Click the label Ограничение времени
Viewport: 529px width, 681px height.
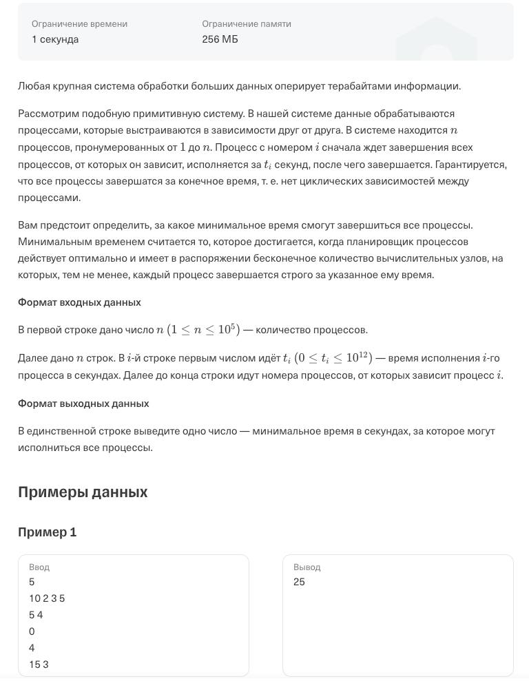(x=79, y=23)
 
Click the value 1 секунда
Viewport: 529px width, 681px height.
(x=55, y=39)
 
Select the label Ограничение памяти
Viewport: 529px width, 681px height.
(x=247, y=23)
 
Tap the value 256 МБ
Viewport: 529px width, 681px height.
(x=220, y=39)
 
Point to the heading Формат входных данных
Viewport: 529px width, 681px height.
(x=79, y=302)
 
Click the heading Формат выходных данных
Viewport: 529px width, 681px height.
(x=83, y=404)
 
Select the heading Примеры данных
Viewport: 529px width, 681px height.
(x=83, y=492)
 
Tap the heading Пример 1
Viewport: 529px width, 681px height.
(x=47, y=532)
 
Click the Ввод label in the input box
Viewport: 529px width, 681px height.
(x=39, y=567)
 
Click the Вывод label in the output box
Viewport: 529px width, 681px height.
(x=307, y=567)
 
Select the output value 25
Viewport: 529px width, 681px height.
(x=299, y=582)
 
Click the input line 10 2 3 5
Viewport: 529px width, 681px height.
(x=47, y=598)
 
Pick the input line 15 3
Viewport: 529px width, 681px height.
(x=39, y=664)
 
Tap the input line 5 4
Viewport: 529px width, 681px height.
(x=36, y=615)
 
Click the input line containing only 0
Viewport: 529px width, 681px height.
(x=32, y=631)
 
